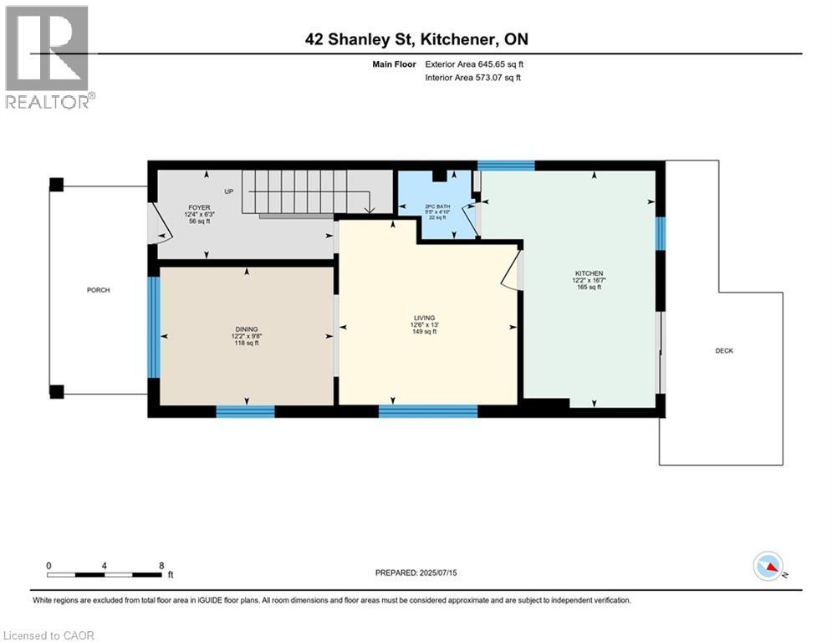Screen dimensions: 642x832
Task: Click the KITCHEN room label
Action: tap(587, 273)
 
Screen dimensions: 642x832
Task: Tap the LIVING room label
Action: tap(425, 318)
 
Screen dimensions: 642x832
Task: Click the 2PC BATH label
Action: tap(432, 205)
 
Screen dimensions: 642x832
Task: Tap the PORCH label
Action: tap(98, 290)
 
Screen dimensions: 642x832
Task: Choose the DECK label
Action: tap(724, 350)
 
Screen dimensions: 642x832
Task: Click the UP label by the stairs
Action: tap(228, 191)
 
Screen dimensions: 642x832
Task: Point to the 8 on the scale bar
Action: tap(161, 565)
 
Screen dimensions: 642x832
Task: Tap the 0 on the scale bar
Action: tap(49, 565)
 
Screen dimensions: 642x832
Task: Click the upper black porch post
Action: tap(56, 185)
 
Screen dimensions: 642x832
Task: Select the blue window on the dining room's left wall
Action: tap(153, 328)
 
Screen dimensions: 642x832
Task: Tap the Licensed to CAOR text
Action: tap(49, 635)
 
